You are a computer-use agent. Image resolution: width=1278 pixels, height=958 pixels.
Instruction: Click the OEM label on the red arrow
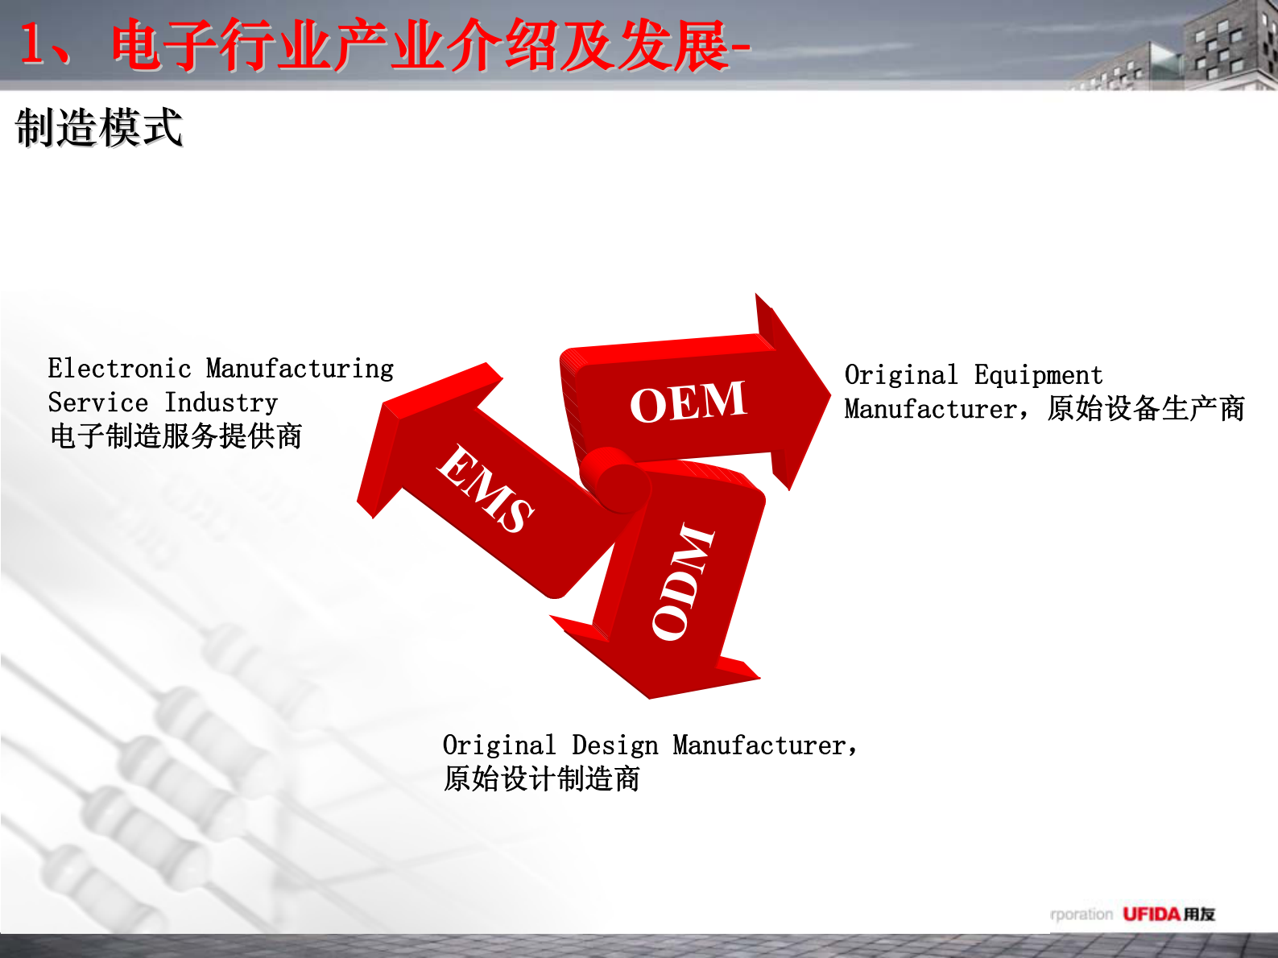click(x=688, y=402)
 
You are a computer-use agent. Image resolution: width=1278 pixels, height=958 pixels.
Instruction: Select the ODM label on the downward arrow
click(x=683, y=581)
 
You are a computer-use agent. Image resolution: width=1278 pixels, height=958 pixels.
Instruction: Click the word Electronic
click(x=119, y=369)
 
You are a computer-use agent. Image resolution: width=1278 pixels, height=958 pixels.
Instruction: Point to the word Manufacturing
click(x=300, y=369)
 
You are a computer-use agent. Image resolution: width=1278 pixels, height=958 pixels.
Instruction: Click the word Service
click(x=98, y=403)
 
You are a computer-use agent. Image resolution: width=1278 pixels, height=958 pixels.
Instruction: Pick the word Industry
click(x=221, y=403)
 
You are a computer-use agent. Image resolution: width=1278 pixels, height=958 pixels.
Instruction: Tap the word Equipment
click(x=1038, y=375)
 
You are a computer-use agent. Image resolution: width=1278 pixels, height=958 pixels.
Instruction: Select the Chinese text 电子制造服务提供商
click(x=176, y=436)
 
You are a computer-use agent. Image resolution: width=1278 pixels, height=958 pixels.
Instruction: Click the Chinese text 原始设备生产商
click(x=1146, y=409)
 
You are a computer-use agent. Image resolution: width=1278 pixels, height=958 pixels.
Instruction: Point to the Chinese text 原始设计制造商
click(x=541, y=779)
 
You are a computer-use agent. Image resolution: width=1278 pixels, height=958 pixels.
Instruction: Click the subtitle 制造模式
click(x=99, y=128)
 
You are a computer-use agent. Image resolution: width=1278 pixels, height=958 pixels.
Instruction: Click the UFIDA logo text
click(x=1151, y=914)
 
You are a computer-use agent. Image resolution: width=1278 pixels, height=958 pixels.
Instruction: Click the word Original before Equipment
click(x=901, y=375)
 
